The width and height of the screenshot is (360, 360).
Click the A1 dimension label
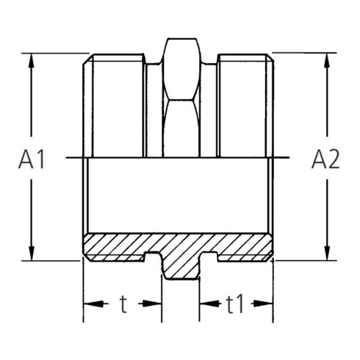click(32, 159)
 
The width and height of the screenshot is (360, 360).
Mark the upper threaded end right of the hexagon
click(246, 107)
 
